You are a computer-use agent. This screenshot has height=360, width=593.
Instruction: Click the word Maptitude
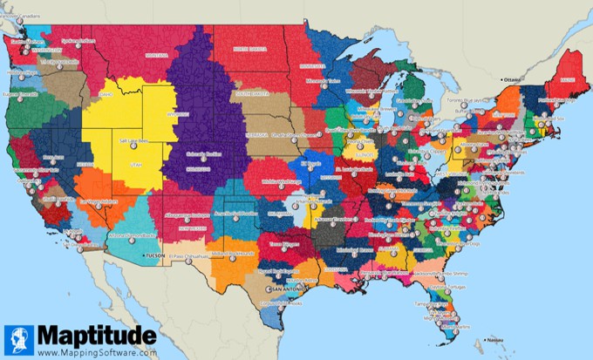[x=95, y=336]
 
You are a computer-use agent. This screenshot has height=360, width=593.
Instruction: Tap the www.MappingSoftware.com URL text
[x=97, y=352]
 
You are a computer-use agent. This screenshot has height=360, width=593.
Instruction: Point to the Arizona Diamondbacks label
[x=131, y=236]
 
